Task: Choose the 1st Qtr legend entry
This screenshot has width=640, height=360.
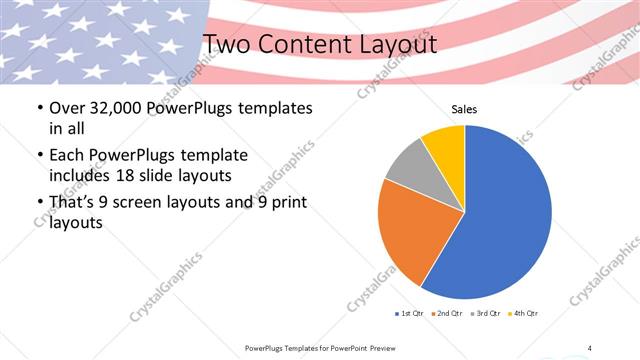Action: tap(410, 314)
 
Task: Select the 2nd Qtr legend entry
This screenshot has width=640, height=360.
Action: tap(447, 314)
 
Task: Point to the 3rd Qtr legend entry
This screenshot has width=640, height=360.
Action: tap(486, 314)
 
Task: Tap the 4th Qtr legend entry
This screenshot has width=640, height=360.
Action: tap(524, 314)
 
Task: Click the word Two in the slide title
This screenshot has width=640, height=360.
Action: tap(227, 44)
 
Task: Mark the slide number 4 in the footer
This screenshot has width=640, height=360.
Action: tap(590, 347)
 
